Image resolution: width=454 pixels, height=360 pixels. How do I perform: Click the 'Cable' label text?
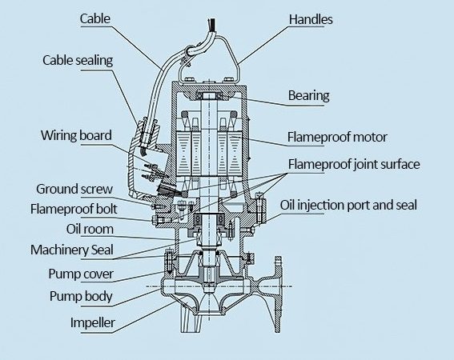tap(95, 18)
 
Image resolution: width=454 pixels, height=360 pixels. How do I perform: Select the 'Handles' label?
tap(311, 19)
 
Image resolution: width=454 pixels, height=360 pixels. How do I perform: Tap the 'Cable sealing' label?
tap(78, 61)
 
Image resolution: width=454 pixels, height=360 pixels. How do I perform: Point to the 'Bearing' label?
tap(308, 96)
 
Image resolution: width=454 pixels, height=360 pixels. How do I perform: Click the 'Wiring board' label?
tap(76, 135)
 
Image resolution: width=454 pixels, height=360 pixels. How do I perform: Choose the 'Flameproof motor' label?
tap(337, 137)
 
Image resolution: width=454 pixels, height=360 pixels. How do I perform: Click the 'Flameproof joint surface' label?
tap(354, 164)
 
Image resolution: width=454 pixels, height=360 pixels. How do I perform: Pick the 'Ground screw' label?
tap(74, 189)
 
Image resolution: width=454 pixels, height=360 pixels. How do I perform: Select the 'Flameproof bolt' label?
tap(74, 209)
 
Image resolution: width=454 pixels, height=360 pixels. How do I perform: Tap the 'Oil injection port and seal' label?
tap(348, 205)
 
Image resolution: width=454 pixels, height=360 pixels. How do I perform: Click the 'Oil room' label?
tap(90, 229)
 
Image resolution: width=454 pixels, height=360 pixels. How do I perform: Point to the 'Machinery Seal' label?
tap(72, 250)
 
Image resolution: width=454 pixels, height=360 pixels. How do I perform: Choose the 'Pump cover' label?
tap(81, 274)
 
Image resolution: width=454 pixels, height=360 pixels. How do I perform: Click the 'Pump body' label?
tap(81, 296)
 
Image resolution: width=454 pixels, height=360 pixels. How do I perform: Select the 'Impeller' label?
tap(93, 322)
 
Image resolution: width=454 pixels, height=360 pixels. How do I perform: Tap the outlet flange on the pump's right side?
tap(278, 294)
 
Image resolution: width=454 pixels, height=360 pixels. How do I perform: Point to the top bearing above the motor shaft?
tap(209, 96)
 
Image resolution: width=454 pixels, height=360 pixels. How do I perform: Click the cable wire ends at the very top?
tap(211, 24)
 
